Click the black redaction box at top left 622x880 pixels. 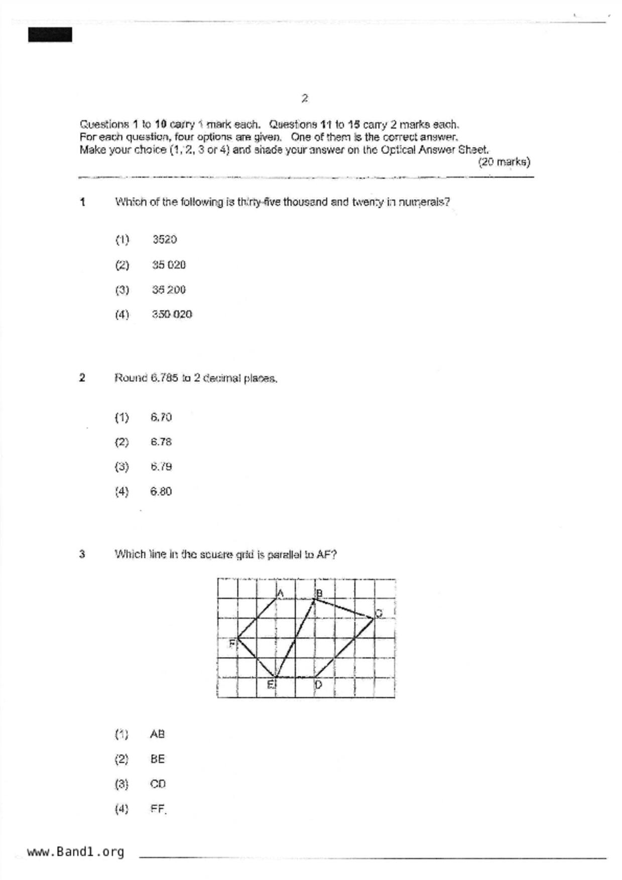tap(50, 35)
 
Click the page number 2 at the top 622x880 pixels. tap(305, 98)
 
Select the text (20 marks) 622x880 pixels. tap(504, 162)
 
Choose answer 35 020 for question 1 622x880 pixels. tap(169, 265)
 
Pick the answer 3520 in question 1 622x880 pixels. tap(165, 239)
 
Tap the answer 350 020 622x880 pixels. tap(172, 315)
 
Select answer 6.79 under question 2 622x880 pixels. tap(161, 467)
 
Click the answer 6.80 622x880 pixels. tap(161, 491)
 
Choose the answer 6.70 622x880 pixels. tap(161, 417)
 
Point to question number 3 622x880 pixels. tap(82, 554)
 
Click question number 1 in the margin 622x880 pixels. tap(82, 202)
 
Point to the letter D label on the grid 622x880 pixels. tap(318, 684)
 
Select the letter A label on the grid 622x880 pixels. tap(281, 594)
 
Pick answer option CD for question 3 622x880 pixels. tap(158, 784)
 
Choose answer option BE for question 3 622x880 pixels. tap(158, 759)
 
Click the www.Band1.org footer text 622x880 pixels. tap(75, 852)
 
